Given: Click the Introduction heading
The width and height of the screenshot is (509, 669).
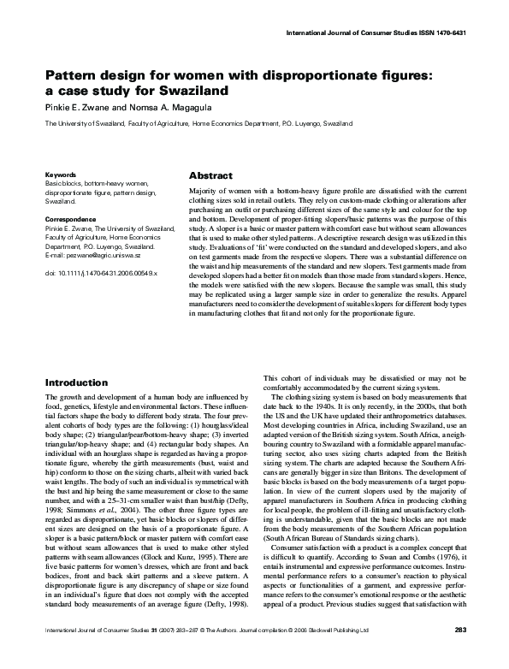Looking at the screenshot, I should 75,382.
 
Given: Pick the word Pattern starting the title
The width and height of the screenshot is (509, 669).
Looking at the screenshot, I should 73,74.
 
